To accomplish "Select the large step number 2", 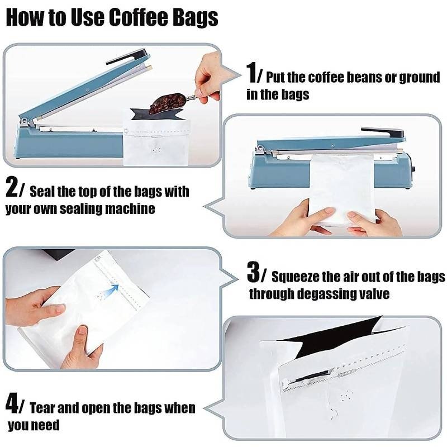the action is click(12, 187).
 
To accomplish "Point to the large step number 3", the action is click(253, 273).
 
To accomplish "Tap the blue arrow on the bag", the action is click(111, 291).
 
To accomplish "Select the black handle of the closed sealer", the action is click(383, 132).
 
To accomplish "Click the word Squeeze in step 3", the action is click(294, 277).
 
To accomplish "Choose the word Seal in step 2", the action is click(42, 191).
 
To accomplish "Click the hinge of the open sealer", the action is click(24, 121).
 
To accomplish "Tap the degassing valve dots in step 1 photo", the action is click(156, 150).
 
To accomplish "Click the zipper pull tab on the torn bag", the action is click(347, 372).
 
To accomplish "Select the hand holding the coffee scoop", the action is click(207, 80).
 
